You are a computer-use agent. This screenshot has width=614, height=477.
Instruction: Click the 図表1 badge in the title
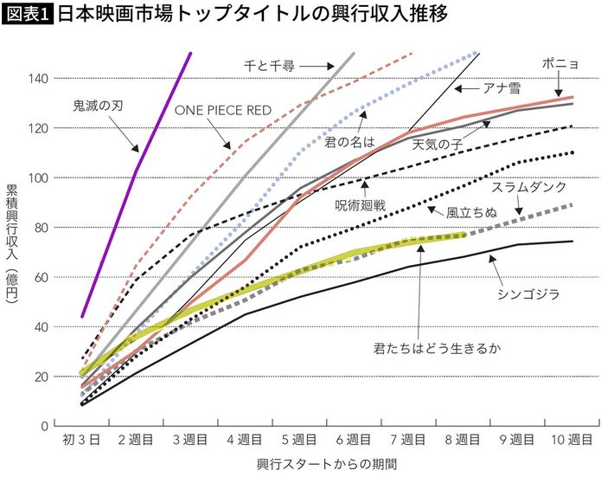[27, 16]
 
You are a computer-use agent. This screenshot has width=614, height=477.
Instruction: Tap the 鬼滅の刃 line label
[99, 108]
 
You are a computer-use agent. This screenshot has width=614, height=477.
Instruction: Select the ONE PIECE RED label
[223, 109]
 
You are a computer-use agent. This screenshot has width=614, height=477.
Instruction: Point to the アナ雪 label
[501, 87]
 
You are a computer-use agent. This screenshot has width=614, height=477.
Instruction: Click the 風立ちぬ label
[471, 211]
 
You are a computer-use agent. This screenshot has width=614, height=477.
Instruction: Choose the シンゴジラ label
[528, 294]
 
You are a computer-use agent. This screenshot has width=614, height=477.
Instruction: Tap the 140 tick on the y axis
[38, 79]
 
